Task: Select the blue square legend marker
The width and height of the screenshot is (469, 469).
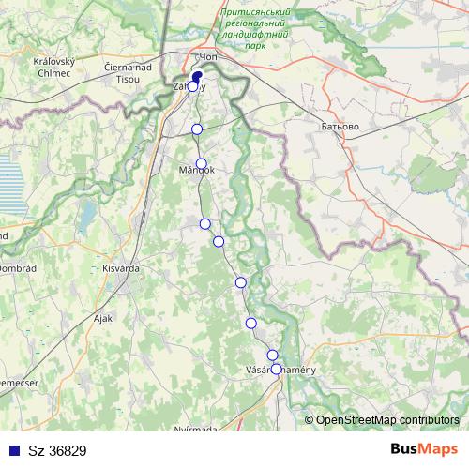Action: click(x=12, y=450)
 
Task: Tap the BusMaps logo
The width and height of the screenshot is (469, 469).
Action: click(x=423, y=449)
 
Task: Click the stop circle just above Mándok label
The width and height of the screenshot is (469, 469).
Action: click(x=201, y=163)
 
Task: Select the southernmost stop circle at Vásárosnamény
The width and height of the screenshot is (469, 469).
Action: click(x=277, y=369)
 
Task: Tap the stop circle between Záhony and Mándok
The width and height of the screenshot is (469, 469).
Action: click(x=197, y=129)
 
